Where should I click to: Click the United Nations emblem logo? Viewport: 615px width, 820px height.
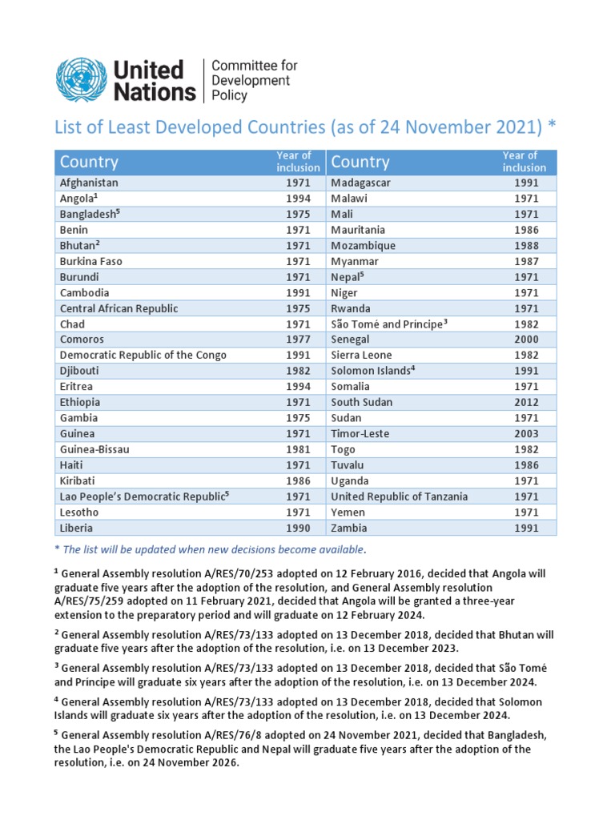point(81,79)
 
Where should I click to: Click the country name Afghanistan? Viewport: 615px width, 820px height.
point(89,183)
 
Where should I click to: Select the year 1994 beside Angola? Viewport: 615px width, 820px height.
point(298,199)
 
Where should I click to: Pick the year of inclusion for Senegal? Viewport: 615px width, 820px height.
point(526,340)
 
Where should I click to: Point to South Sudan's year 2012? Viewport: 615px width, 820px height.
point(526,402)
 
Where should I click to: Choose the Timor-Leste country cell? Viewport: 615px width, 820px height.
point(360,433)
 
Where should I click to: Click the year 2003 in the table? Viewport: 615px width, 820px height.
point(526,433)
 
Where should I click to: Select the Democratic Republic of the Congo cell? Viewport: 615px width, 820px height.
point(143,355)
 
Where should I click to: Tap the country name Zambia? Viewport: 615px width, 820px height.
point(348,528)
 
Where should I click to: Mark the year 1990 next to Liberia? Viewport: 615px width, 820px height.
point(298,528)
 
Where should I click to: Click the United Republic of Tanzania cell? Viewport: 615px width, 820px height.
point(400,496)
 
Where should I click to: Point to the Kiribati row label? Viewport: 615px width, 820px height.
point(78,480)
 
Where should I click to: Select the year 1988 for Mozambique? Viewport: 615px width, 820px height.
point(526,246)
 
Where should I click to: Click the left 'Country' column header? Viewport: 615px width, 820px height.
point(89,162)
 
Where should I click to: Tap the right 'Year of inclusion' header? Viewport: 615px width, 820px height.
point(524,162)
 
